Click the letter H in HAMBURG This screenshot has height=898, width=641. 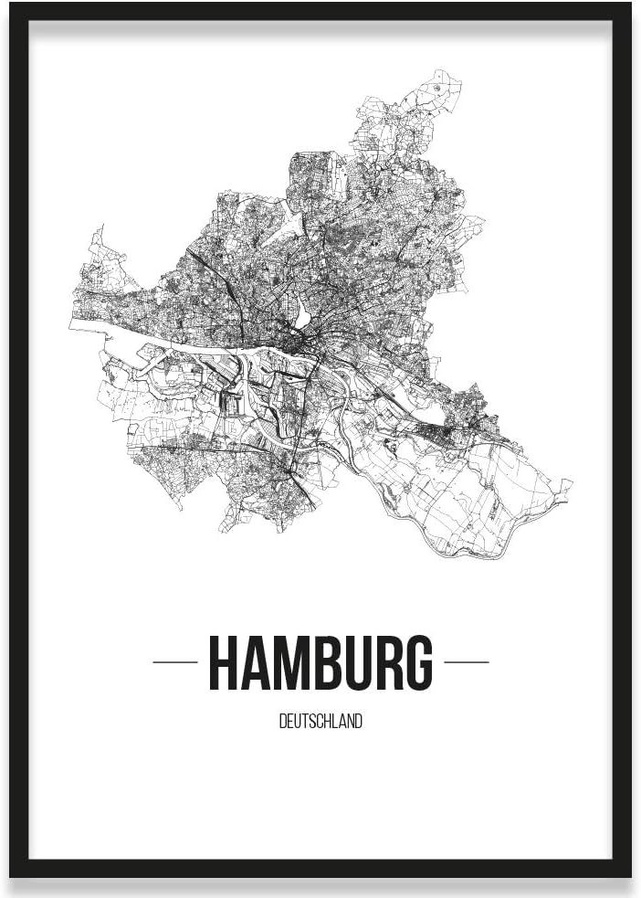pos(224,662)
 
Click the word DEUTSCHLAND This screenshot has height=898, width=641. pos(320,722)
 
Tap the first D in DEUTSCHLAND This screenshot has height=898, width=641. pos(282,722)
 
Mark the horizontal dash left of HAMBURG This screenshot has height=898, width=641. pos(174,662)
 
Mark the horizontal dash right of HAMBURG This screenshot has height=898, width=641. pos(466,662)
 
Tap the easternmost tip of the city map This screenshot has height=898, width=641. pos(571,484)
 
